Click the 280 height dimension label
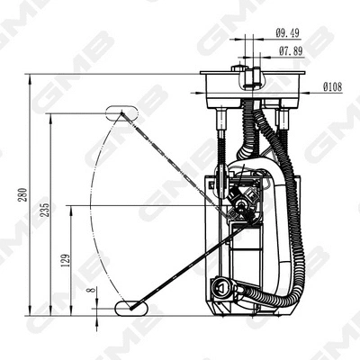(23, 193)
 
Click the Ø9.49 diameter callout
(288, 32)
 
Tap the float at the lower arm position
(127, 309)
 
